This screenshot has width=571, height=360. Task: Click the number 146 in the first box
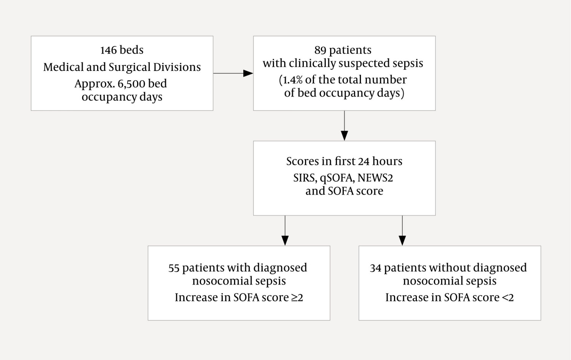coord(108,50)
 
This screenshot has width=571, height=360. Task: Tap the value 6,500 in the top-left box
coord(131,84)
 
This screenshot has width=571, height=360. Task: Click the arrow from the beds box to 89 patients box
coord(233,73)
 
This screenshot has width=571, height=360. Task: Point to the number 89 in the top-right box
coord(320,50)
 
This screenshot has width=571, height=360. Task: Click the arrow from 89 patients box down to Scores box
coord(344,126)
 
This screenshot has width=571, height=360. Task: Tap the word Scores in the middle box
coord(302,161)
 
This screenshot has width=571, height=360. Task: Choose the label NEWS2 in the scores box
coord(375,178)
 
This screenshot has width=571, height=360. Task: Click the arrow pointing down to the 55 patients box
coord(285,230)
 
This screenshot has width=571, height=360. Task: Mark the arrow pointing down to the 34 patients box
coord(402,230)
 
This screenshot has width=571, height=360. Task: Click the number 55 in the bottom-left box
coord(174,268)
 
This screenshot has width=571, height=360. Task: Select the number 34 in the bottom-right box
coord(375,268)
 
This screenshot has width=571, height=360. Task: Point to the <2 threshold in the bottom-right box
coord(508,298)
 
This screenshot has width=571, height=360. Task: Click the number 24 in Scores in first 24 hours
coord(364,162)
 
